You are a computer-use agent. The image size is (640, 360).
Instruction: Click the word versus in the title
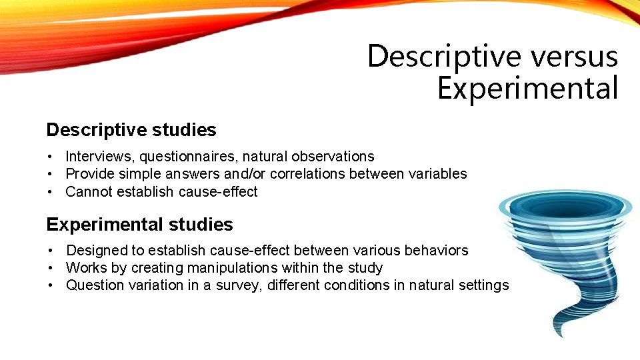click(x=574, y=56)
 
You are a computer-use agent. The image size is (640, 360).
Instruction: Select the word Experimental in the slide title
click(x=527, y=89)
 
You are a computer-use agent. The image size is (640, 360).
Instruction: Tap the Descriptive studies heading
click(x=131, y=129)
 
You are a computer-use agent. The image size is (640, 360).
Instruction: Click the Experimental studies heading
click(x=139, y=225)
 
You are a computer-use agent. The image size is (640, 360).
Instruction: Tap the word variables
click(x=440, y=174)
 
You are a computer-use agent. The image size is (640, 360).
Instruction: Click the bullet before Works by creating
click(x=51, y=268)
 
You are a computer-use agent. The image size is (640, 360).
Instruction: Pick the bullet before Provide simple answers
click(x=50, y=174)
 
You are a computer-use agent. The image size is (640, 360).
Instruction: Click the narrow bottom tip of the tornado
click(x=559, y=330)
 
